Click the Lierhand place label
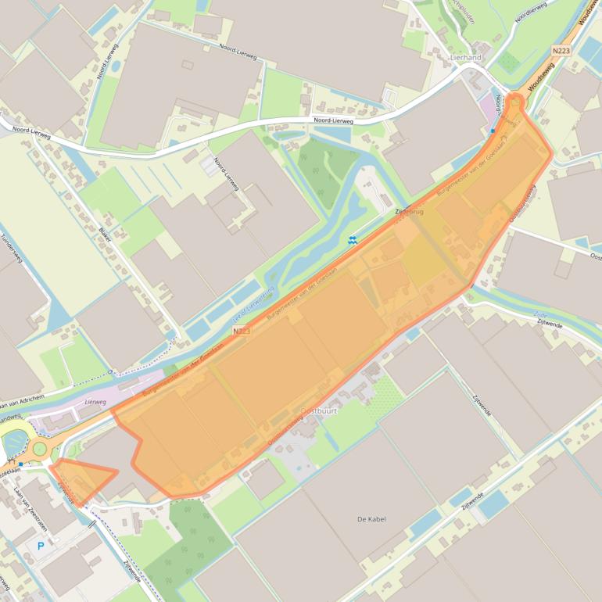(x=466, y=58)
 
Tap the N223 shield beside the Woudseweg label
(x=560, y=51)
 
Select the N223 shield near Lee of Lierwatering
(x=242, y=332)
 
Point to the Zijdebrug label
(x=409, y=212)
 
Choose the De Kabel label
(x=371, y=519)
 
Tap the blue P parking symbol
(x=40, y=546)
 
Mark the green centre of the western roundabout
(x=39, y=449)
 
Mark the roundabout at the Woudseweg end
(x=514, y=102)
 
